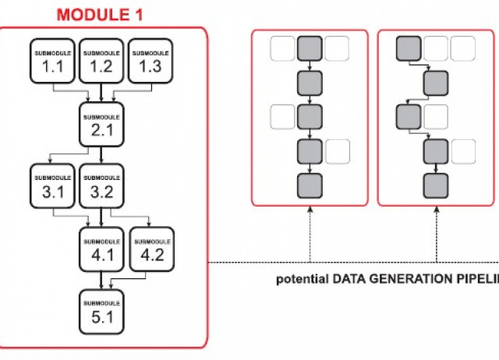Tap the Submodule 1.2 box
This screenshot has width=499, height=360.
click(101, 58)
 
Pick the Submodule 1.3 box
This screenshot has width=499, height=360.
click(150, 58)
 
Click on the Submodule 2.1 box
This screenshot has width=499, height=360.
click(102, 123)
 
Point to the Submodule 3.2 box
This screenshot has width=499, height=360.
click(101, 185)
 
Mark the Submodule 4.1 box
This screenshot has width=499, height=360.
click(102, 247)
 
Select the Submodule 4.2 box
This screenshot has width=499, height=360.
click(150, 247)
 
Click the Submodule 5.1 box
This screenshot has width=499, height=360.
click(102, 310)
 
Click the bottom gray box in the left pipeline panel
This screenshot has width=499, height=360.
click(310, 185)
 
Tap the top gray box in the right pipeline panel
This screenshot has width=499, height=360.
click(409, 48)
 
